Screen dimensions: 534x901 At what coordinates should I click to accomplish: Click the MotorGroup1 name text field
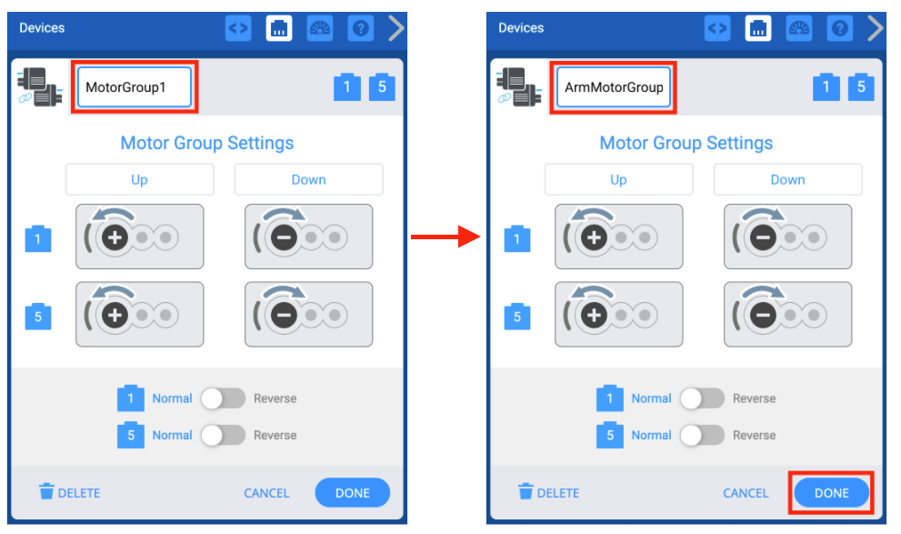[x=134, y=88]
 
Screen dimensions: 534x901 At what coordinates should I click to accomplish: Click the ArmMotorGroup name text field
[x=613, y=88]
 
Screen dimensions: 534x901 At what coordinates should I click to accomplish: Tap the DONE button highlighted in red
[x=831, y=493]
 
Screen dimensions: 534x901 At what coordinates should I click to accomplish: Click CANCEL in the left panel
[x=266, y=493]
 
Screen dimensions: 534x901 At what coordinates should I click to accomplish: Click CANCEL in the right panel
[x=746, y=493]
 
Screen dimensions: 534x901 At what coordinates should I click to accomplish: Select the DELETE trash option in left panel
[x=70, y=493]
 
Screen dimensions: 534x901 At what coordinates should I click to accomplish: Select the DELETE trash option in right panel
[x=549, y=493]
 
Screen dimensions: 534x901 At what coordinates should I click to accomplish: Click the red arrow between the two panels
[x=445, y=238]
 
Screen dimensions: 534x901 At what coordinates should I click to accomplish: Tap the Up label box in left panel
[x=139, y=179]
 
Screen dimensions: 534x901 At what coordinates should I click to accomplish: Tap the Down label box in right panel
[x=787, y=179]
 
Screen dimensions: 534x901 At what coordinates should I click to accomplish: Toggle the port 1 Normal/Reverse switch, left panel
[x=223, y=398]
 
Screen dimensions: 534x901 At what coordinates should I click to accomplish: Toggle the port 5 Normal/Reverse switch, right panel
[x=702, y=435]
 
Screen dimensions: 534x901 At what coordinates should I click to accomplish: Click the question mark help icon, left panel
[x=361, y=28]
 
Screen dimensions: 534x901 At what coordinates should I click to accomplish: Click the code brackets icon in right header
[x=717, y=28]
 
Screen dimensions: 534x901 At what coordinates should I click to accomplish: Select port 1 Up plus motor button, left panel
[x=139, y=237]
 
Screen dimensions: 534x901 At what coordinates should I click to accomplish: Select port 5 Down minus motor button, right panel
[x=787, y=315]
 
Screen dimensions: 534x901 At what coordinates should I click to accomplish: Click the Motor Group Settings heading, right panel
[x=686, y=143]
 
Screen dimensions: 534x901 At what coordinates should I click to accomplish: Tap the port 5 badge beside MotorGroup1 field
[x=382, y=87]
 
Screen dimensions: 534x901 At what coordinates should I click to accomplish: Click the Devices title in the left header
[x=42, y=28]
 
